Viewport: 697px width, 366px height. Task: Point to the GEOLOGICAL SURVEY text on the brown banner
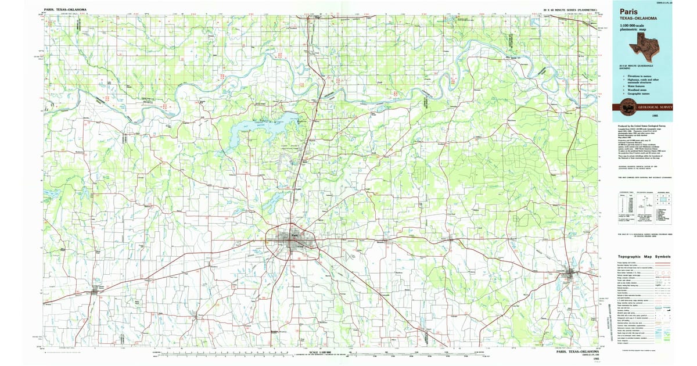click(x=653, y=108)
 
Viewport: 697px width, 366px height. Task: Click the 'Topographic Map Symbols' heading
click(x=644, y=256)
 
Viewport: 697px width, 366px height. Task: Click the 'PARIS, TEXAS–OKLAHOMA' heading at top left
click(x=65, y=9)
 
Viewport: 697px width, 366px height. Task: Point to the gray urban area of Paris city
click(x=294, y=239)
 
